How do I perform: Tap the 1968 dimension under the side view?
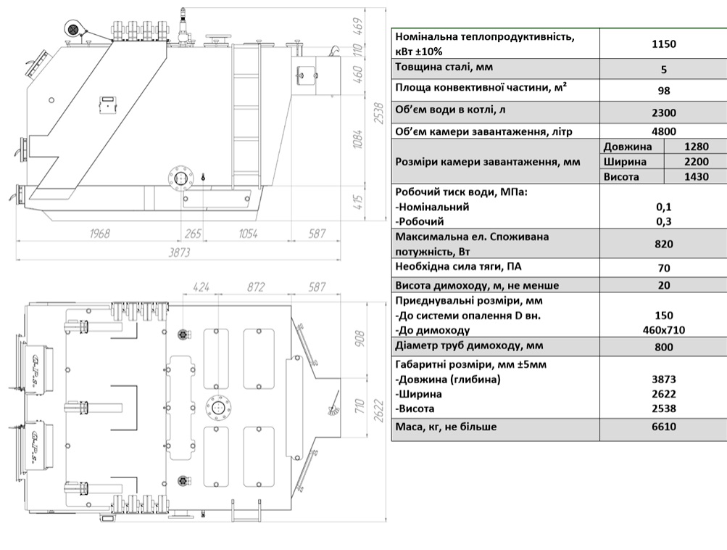click(99, 234)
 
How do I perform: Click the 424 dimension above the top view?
click(201, 287)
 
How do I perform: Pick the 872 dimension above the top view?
click(255, 287)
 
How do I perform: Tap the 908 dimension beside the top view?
click(360, 339)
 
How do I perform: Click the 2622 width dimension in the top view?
click(378, 411)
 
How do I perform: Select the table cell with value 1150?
click(663, 44)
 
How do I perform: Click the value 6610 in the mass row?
click(663, 427)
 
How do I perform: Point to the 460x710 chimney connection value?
click(663, 330)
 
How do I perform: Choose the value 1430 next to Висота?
click(697, 176)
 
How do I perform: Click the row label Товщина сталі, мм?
click(444, 67)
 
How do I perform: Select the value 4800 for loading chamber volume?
click(663, 131)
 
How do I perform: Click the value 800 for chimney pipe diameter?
click(663, 347)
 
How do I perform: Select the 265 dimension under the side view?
click(193, 234)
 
